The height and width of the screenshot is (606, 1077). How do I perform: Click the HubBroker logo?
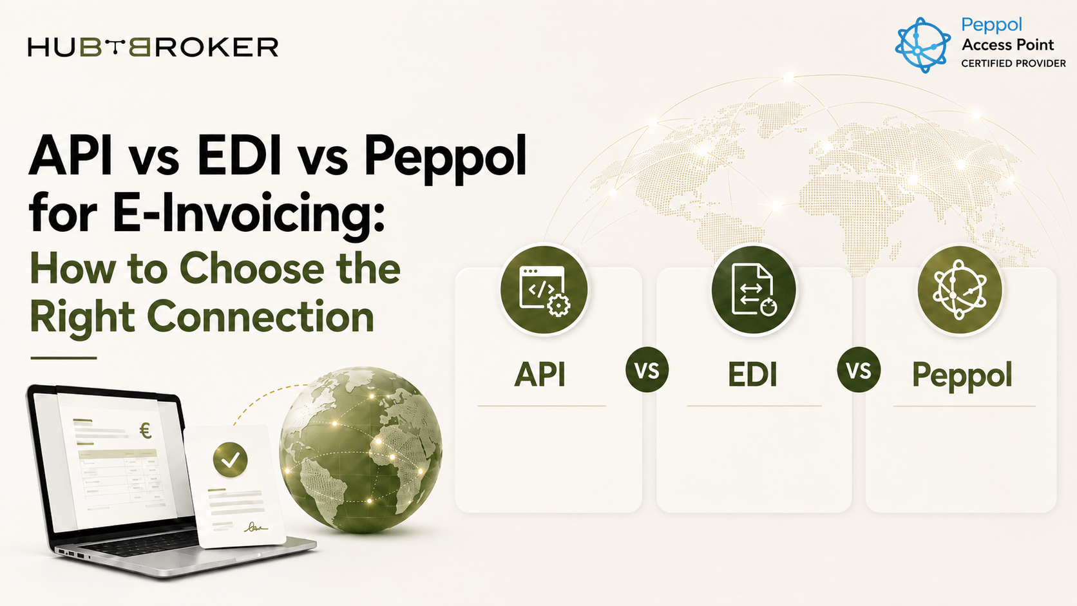153,47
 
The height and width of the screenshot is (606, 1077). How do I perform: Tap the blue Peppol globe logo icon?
922,44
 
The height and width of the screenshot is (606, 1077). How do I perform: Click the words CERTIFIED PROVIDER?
1013,64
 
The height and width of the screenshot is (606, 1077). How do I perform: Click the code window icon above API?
544,290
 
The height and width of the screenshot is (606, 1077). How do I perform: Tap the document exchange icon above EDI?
754,290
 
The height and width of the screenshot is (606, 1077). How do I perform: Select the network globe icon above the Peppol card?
960,290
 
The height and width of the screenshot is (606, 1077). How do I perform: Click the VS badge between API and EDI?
647,370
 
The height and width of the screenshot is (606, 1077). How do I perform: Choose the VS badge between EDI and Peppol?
859,370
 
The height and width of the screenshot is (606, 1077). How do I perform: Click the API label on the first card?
539,374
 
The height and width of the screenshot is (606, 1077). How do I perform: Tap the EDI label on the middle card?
752,374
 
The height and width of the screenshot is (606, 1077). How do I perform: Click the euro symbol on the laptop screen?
145,431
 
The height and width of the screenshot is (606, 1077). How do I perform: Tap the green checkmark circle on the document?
231,460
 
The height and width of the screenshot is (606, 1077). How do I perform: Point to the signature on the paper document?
255,527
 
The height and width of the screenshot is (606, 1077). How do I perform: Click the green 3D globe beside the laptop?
361,450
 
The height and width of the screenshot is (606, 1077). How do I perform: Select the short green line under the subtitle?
64,358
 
